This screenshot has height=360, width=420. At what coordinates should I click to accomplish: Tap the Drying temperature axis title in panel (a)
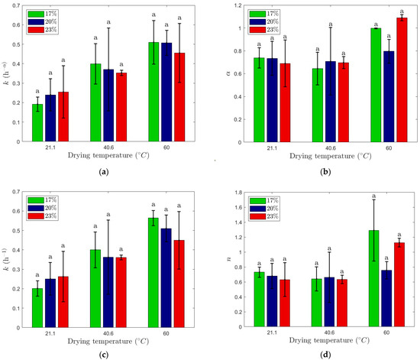coord(99,157)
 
